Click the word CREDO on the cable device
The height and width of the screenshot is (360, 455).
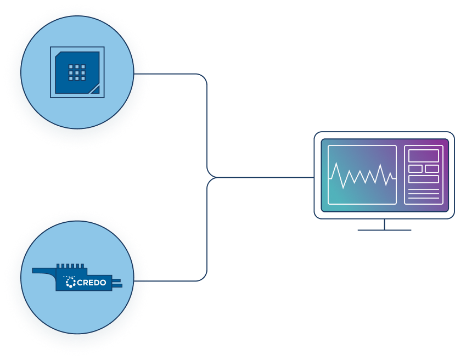click(x=89, y=283)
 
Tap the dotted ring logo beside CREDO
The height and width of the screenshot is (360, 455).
click(x=70, y=283)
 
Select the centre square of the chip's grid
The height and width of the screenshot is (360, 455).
click(x=77, y=72)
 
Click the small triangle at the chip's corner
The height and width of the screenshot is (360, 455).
click(x=94, y=89)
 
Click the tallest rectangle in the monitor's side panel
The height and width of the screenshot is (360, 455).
click(x=423, y=156)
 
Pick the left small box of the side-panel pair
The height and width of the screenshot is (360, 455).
click(x=415, y=168)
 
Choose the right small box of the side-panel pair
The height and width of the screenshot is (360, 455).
click(x=432, y=168)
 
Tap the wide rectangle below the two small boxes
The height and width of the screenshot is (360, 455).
click(x=423, y=179)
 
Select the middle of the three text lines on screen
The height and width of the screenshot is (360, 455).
click(x=423, y=194)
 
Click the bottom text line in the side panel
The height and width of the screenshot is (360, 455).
click(x=423, y=199)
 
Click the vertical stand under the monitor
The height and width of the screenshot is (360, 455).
click(x=384, y=224)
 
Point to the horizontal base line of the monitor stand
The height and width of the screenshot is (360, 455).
click(x=384, y=230)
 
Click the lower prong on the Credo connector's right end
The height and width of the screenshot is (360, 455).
click(x=117, y=285)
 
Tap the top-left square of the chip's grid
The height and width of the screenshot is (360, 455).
click(x=71, y=66)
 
